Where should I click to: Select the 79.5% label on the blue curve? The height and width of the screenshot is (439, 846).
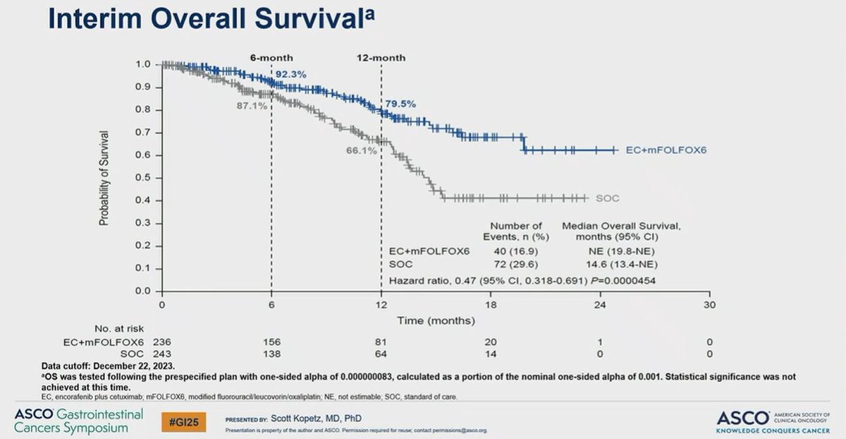(x=399, y=104)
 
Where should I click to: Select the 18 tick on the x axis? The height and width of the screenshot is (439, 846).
(x=491, y=305)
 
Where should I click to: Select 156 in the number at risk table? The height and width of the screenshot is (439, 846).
(x=271, y=342)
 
